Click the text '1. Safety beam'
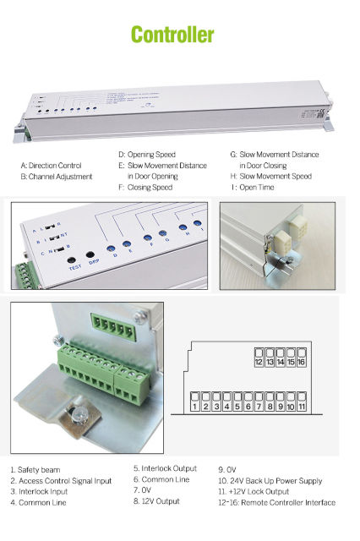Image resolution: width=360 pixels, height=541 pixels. point(35,469)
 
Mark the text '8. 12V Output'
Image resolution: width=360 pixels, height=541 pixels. point(158,502)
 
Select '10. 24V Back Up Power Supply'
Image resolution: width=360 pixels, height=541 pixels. point(270,481)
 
